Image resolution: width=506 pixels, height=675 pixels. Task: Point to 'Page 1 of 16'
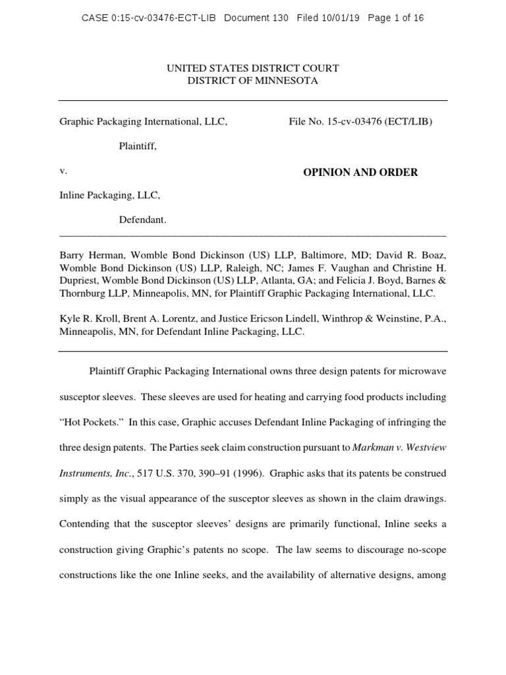[x=396, y=18]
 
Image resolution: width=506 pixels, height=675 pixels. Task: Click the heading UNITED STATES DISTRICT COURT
[x=252, y=69]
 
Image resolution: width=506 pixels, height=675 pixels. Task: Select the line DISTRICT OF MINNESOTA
[x=252, y=81]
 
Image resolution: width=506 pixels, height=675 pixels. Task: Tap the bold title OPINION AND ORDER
[x=360, y=173]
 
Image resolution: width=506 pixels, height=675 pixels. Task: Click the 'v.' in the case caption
[x=63, y=171]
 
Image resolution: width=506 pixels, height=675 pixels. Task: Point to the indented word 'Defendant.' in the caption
[x=142, y=220]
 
